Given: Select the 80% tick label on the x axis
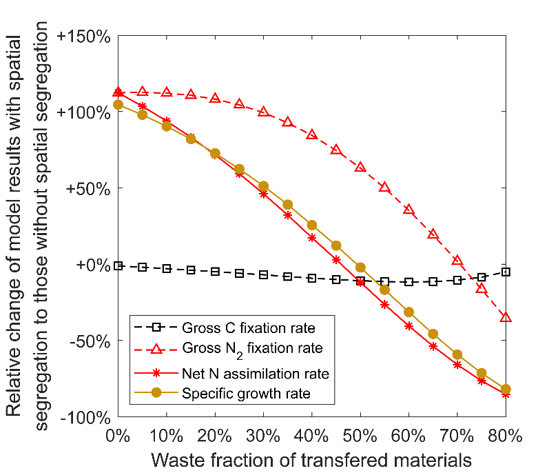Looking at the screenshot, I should tap(506, 436).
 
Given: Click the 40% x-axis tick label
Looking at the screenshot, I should tap(312, 436).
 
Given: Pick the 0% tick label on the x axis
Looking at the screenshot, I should tap(118, 436).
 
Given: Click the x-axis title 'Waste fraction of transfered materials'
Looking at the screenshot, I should tap(312, 459).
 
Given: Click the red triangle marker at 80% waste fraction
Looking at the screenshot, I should tap(506, 317).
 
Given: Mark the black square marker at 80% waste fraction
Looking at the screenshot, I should tap(506, 272).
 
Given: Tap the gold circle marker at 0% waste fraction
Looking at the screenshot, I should tap(118, 105).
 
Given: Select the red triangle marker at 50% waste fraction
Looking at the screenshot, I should tap(360, 168).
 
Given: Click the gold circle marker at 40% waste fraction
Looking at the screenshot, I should tap(312, 225).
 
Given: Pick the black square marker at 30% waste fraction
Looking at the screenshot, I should tap(264, 274).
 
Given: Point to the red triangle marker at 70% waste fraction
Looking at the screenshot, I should tap(457, 260).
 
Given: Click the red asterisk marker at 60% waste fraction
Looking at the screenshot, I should tap(409, 325).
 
